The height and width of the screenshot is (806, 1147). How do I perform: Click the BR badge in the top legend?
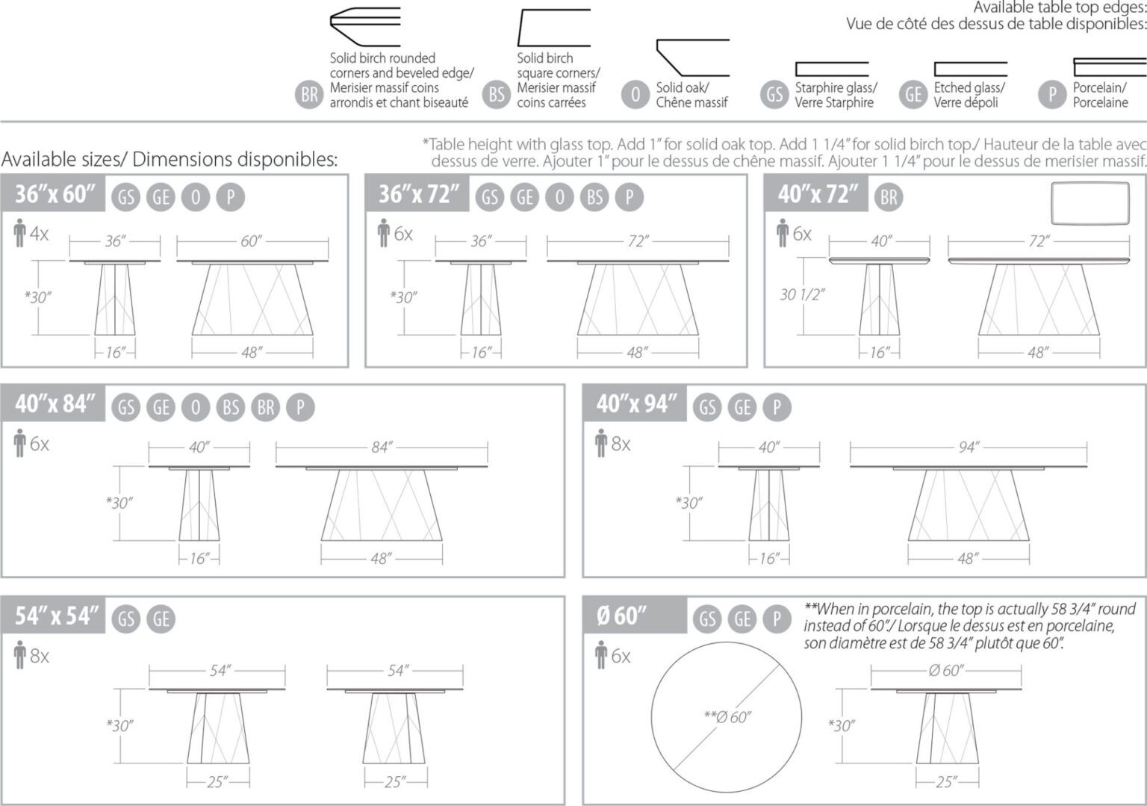[309, 95]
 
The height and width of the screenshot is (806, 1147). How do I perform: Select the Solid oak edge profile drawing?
[691, 54]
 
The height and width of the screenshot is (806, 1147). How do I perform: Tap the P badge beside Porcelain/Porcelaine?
[1052, 94]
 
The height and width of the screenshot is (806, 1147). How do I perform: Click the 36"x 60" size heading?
[55, 194]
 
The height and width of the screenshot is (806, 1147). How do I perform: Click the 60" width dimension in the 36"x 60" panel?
[251, 241]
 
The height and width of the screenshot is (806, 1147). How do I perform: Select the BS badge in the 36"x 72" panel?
[594, 196]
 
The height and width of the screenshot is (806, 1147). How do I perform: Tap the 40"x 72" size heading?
[818, 194]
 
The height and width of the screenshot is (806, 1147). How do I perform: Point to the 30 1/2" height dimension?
[801, 294]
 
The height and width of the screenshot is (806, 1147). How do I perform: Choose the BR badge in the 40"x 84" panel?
[266, 407]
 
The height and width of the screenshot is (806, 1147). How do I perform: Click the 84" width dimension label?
[381, 447]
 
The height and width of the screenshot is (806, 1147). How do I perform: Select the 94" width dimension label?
[968, 447]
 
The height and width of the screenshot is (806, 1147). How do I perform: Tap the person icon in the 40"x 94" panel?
[601, 444]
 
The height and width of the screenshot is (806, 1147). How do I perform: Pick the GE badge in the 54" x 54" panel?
[161, 619]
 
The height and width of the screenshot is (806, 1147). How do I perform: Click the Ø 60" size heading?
[622, 616]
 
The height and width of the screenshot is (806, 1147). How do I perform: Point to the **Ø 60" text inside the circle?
[727, 717]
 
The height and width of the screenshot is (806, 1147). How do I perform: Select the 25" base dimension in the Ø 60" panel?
[945, 781]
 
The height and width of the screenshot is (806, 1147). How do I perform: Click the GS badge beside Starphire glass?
[774, 94]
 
